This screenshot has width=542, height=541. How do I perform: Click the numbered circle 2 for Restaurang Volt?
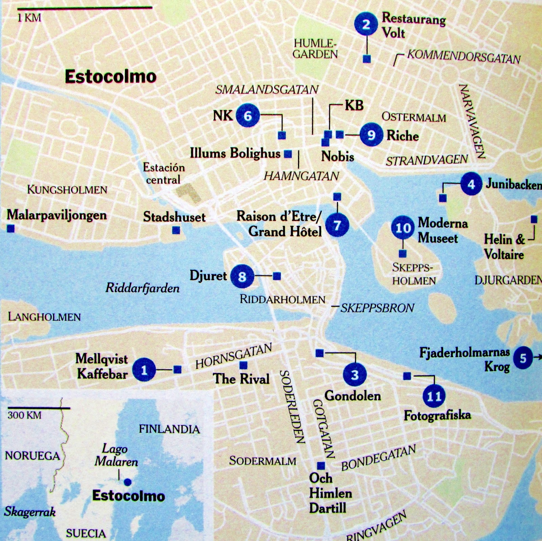click(x=366, y=24)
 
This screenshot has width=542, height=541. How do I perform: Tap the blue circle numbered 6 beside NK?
click(x=248, y=116)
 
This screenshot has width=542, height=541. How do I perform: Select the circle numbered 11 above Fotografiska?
click(x=434, y=396)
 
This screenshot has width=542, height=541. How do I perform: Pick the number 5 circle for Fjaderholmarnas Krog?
click(x=523, y=358)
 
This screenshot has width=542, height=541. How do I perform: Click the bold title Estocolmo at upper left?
click(x=110, y=77)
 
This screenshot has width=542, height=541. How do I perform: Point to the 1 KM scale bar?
click(x=84, y=7)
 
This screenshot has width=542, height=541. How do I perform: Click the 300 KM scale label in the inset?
click(x=24, y=415)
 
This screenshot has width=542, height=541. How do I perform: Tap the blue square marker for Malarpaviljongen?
click(x=11, y=229)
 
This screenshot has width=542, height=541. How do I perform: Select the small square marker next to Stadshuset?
click(x=176, y=230)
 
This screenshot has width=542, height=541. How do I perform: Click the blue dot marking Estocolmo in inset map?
click(x=128, y=482)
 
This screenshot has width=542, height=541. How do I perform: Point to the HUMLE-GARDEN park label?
click(x=315, y=49)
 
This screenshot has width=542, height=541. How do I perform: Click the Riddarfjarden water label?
click(x=142, y=288)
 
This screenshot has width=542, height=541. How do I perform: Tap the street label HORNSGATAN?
click(x=234, y=356)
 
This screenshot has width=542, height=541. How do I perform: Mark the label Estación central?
click(x=164, y=173)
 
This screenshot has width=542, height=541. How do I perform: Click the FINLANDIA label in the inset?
click(x=169, y=429)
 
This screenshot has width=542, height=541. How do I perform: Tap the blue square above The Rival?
click(x=243, y=365)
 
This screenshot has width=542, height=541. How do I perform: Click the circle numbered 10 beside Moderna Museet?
click(x=403, y=228)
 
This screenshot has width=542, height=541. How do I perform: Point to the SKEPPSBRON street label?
click(x=377, y=308)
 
